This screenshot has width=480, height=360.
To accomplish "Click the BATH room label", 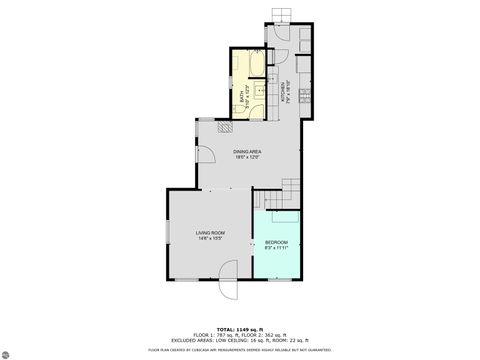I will coord(242,98).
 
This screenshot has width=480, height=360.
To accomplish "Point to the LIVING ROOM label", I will coord(210,233).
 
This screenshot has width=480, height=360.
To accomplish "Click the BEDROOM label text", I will coord(276,242).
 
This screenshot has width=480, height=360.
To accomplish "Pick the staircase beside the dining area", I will coord(290,187).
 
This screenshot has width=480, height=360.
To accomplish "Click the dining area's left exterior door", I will coord(205,155).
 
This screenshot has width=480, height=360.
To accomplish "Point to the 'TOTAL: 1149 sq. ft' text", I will coord(240,329).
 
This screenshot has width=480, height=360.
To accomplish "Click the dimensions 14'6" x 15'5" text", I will coord(210,239).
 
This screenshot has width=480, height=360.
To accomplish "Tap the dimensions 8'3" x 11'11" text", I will coord(276,248).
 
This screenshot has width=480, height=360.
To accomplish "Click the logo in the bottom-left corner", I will coord(13,349).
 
